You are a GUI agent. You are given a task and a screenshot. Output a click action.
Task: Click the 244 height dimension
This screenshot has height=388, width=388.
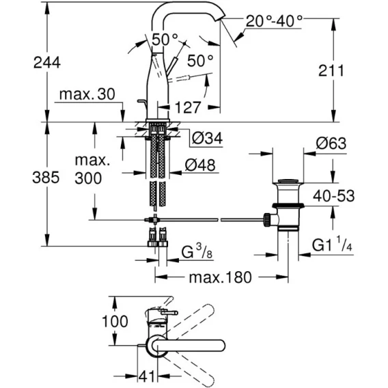[47, 63]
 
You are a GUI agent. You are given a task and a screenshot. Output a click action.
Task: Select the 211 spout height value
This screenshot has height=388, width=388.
[331, 71]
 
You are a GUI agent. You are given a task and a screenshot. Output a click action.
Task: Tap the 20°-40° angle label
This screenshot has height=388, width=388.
[274, 20]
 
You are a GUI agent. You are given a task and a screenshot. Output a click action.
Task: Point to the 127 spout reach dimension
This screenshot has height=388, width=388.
[187, 107]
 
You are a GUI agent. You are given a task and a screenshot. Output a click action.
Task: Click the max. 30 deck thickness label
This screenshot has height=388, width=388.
[87, 94]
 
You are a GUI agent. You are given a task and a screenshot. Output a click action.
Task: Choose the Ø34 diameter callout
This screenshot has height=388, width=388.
[208, 138]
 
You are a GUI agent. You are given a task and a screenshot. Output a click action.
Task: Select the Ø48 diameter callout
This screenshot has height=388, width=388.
[200, 165]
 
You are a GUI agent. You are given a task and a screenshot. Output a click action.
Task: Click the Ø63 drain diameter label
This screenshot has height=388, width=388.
[331, 143]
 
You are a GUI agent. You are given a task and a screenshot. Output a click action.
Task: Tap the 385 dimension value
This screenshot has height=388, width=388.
[46, 178]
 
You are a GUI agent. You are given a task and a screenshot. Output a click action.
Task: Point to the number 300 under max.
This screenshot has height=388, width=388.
[88, 178]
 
